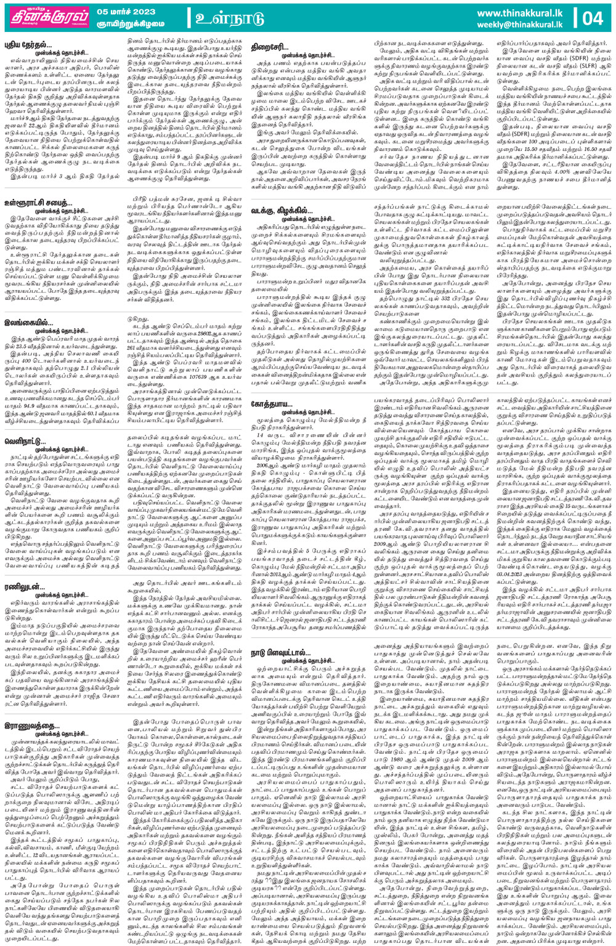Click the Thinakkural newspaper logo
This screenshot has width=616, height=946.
tap(47, 17)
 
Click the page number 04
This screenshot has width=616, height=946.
tap(592, 18)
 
